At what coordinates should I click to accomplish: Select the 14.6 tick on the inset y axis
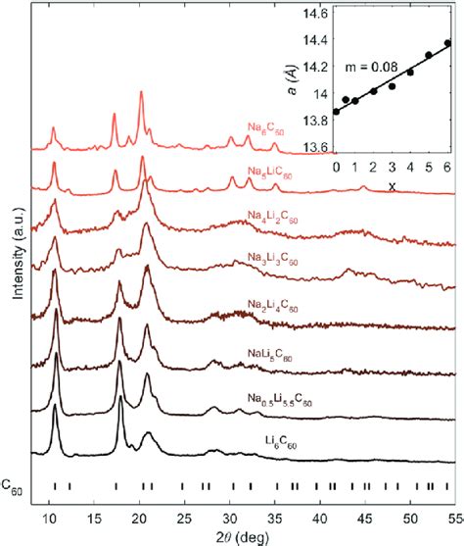(x=310, y=15)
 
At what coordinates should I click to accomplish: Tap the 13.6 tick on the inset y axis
(x=310, y=148)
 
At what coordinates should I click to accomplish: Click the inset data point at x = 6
(x=447, y=43)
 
